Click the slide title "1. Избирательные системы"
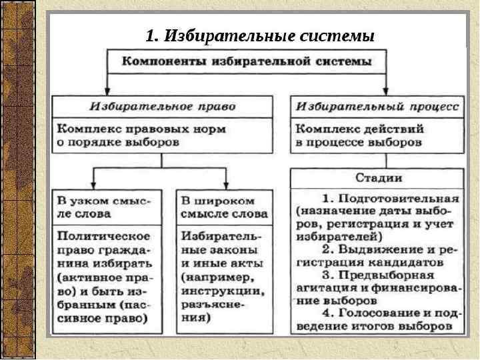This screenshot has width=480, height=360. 260,34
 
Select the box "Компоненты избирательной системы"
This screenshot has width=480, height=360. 247,61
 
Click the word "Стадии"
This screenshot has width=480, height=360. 377,179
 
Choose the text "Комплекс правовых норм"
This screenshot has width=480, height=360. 141,128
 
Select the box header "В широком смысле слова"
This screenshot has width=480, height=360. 224,207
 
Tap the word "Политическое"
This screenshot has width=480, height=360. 104,235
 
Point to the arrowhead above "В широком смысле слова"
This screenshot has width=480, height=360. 226,186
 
